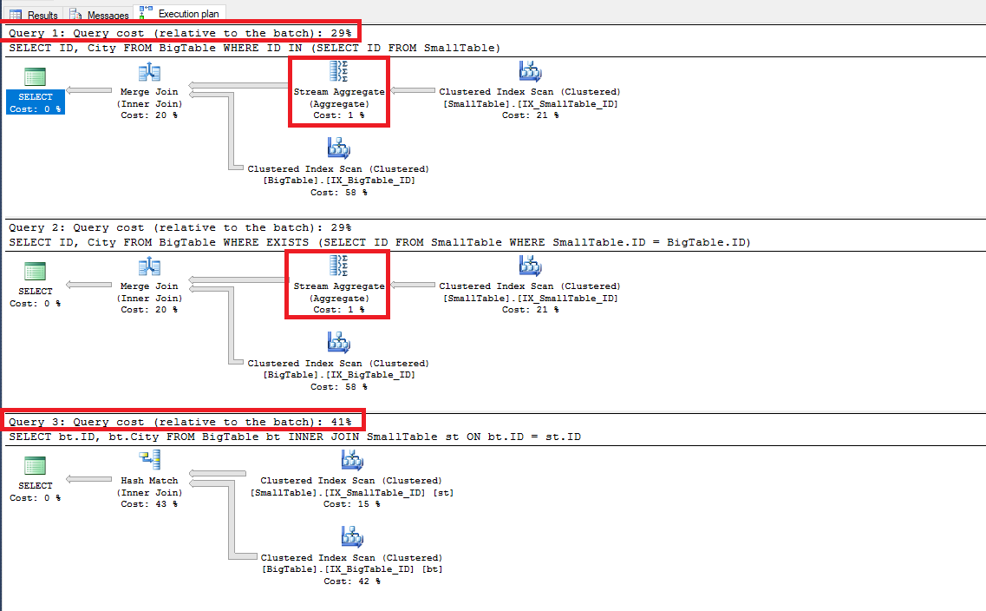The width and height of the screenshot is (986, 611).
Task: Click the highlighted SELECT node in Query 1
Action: coord(36,102)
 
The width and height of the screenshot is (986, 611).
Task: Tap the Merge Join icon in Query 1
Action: coord(149,73)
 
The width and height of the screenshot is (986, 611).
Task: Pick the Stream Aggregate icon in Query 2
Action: coord(338,266)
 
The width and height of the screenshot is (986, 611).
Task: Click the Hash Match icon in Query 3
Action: coord(149,461)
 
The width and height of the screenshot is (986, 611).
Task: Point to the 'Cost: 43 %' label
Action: coord(149,504)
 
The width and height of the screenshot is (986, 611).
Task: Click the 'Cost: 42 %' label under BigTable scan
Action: coord(351,581)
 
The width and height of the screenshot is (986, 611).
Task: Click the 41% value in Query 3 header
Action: coord(341,422)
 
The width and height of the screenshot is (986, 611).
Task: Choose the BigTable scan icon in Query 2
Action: coord(338,344)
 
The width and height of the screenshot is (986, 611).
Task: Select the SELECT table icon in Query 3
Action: coord(36,465)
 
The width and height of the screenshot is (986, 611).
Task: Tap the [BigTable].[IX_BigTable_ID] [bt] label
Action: coord(351,569)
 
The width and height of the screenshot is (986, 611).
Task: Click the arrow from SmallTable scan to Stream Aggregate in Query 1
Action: coord(412,89)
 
